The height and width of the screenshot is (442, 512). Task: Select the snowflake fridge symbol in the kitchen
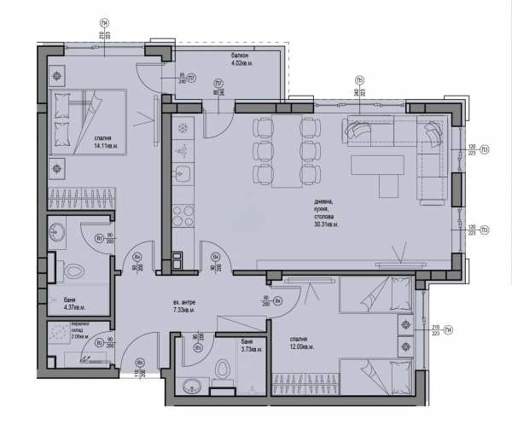(183, 129)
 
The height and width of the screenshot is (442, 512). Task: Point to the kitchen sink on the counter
(183, 174)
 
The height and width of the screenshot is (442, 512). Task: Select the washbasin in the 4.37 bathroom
(57, 231)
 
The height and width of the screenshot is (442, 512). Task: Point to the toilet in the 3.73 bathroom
(224, 369)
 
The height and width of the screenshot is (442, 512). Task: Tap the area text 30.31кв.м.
(326, 224)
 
